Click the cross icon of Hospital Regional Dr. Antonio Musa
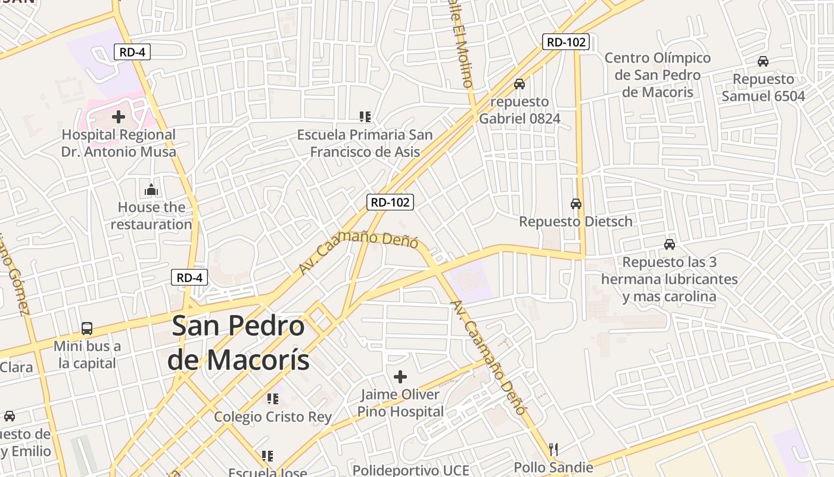[x=119, y=116]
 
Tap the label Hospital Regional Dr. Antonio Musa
[x=119, y=143]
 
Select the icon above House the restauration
[x=151, y=190]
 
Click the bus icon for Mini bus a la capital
[x=87, y=328]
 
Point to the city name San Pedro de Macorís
[x=238, y=343]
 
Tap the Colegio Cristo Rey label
[x=273, y=417]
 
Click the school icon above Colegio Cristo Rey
[x=273, y=398]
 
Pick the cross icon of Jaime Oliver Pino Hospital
[x=400, y=377]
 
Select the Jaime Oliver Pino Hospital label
[x=400, y=403]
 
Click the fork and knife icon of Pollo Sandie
[x=553, y=449]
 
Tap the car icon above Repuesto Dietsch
[x=576, y=203]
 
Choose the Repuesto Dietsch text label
[x=575, y=221]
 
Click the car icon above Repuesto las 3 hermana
[x=670, y=244]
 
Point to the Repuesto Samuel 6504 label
[x=763, y=88]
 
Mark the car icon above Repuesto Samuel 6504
[x=763, y=61]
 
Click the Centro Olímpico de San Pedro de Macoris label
[x=658, y=75]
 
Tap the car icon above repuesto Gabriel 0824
[x=519, y=84]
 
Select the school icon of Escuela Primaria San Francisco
[x=365, y=117]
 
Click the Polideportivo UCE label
[x=411, y=470]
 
